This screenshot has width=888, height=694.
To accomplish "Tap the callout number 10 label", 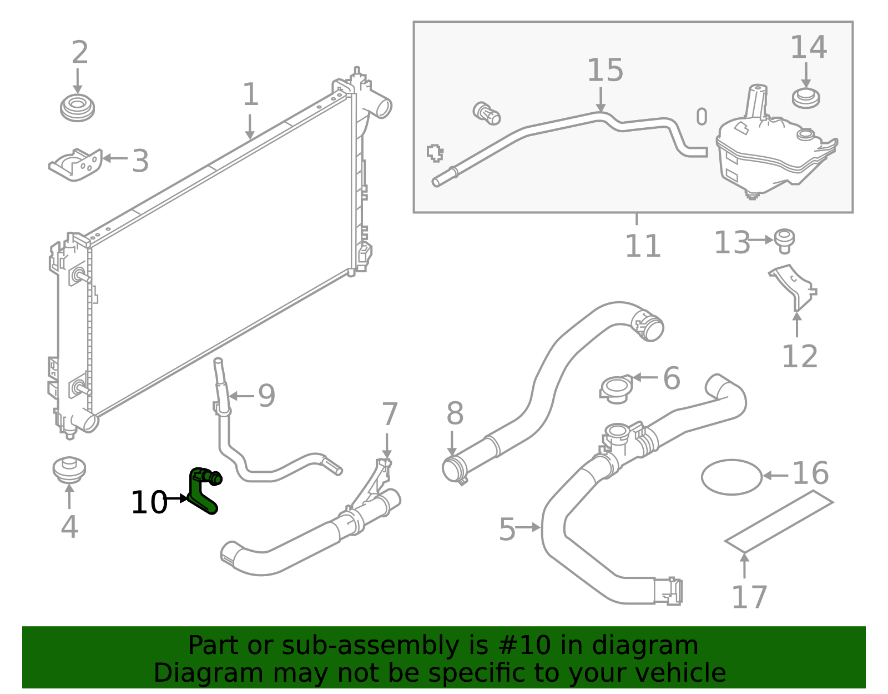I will pos(148,503).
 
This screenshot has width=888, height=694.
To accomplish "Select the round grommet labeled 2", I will pos(77,108).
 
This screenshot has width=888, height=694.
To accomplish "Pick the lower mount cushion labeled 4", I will pos(69,470).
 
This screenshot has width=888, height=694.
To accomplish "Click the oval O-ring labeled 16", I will pos(731,477).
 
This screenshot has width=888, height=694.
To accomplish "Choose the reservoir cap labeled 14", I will pos(806,98).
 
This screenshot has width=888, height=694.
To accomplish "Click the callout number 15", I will pos(604,71).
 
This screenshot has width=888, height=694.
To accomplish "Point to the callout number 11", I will pos(643,246).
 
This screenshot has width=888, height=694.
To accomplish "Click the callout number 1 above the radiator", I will pos(250,94).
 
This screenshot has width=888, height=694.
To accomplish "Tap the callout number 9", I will pos(266,396).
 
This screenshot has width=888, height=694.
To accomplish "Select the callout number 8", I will pos(455,414).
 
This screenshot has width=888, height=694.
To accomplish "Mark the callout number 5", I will pos(507,529).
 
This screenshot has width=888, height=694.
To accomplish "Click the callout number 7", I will pos(390,414).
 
